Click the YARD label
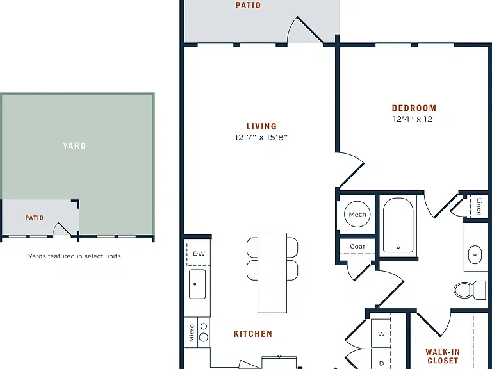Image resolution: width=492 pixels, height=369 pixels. pyautogui.click(x=74, y=146)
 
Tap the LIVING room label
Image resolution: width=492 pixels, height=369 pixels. pyautogui.click(x=261, y=126)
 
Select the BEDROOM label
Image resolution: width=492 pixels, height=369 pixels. pyautogui.click(x=414, y=108)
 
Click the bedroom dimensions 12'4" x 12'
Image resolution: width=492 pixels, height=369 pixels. pyautogui.click(x=414, y=119)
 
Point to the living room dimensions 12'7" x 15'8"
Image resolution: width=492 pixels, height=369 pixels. pyautogui.click(x=261, y=137)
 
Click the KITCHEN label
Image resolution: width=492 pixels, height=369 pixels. pyautogui.click(x=253, y=334)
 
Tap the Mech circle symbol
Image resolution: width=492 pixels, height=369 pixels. pyautogui.click(x=357, y=215)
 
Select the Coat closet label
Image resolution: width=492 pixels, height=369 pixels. pyautogui.click(x=357, y=247)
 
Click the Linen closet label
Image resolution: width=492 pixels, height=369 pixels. pyautogui.click(x=479, y=206)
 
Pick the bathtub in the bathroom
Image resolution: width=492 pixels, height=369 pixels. pyautogui.click(x=398, y=225)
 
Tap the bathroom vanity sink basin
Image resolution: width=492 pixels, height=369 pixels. pyautogui.click(x=475, y=255)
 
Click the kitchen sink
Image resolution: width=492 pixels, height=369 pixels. pyautogui.click(x=197, y=284)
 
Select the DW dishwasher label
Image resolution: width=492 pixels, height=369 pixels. pyautogui.click(x=199, y=254)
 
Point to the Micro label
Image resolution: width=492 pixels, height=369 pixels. pyautogui.click(x=192, y=333)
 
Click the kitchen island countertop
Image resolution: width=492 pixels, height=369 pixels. pyautogui.click(x=272, y=273)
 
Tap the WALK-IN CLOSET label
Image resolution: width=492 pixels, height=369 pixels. pyautogui.click(x=443, y=356)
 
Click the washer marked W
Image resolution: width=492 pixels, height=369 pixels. pyautogui.click(x=381, y=334)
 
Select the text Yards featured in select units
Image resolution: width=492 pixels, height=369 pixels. pyautogui.click(x=74, y=256)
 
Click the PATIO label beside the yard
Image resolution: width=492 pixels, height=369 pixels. pyautogui.click(x=35, y=218)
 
